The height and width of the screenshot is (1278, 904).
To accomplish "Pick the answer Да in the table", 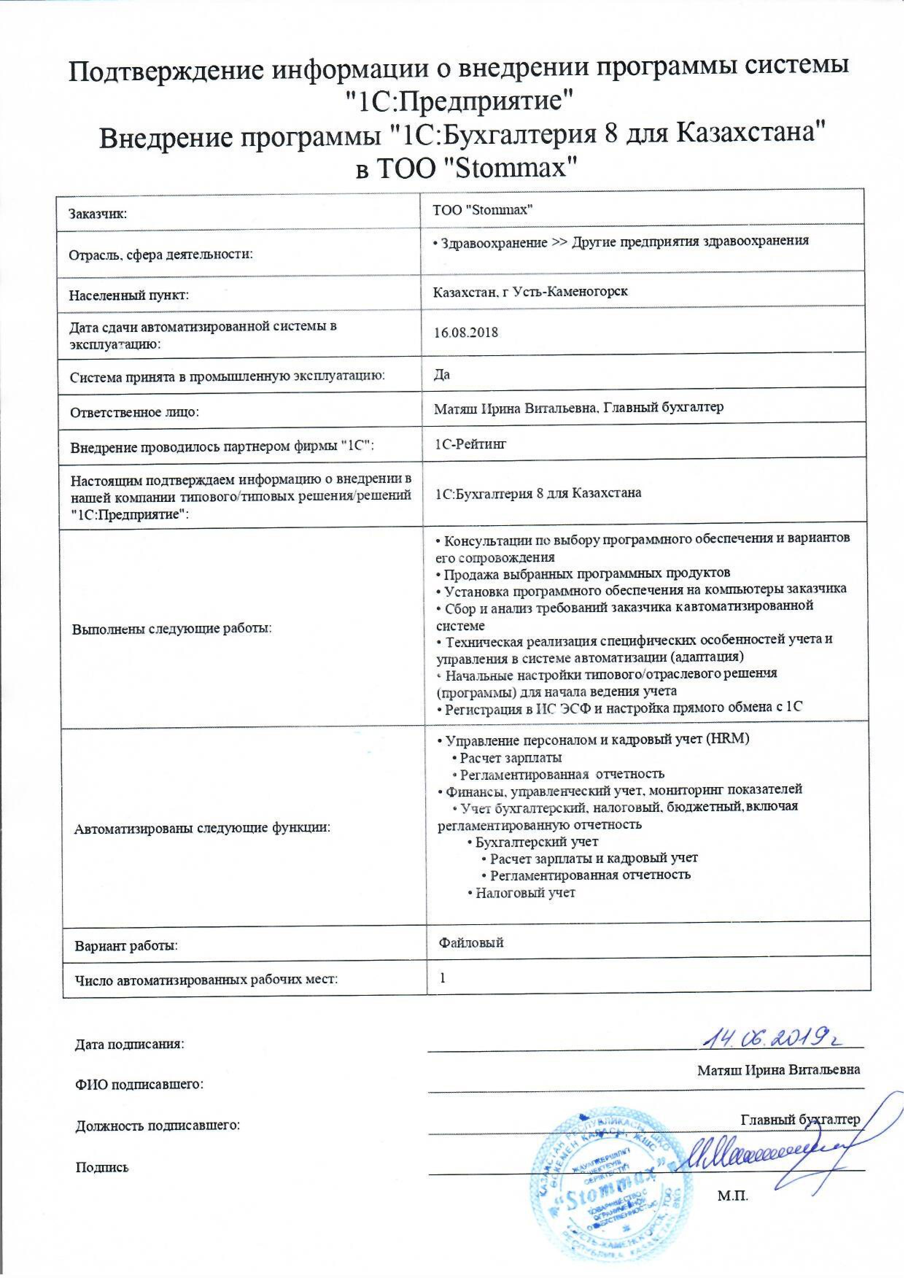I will [x=442, y=375].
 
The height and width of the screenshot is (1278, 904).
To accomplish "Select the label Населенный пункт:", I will [x=129, y=295].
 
